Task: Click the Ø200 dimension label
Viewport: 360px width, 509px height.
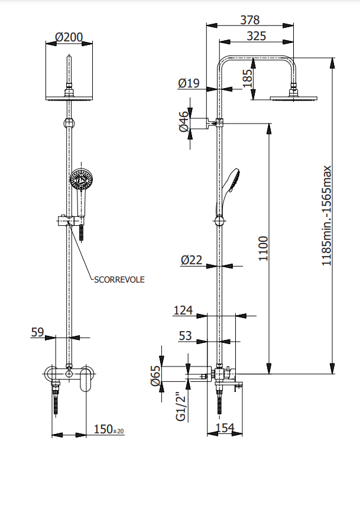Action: tap(69, 37)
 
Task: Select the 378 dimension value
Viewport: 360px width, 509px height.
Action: tap(249, 20)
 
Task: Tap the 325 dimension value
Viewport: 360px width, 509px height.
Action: tap(255, 36)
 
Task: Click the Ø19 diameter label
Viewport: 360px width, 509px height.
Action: tap(189, 84)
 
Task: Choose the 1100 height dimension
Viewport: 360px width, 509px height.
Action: tap(263, 248)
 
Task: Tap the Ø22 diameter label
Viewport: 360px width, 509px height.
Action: tap(192, 260)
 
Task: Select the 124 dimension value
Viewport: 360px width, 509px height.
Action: tap(184, 310)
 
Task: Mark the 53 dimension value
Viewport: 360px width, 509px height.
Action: tap(186, 336)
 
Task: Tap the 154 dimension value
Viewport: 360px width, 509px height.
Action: tap(225, 427)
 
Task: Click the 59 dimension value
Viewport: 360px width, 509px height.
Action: tap(38, 333)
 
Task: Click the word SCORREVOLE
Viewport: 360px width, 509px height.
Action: tap(119, 280)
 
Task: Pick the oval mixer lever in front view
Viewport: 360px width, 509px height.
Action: tap(87, 378)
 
